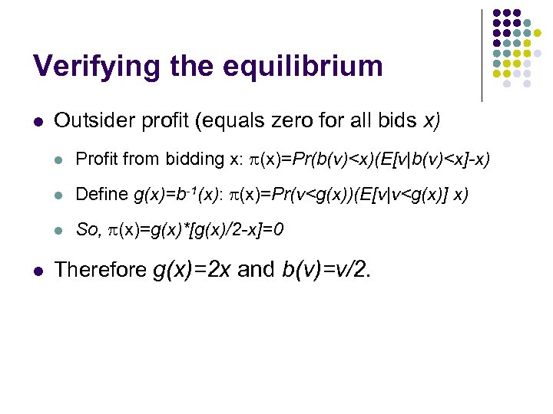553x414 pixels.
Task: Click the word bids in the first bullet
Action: (396, 120)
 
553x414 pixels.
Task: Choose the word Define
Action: (102, 194)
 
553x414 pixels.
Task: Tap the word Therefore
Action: (100, 269)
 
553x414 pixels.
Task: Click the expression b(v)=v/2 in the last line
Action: (339, 269)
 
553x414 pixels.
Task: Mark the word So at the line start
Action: (89, 229)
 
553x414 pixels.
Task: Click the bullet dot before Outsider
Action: (38, 121)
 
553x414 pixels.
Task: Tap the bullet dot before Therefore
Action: (38, 270)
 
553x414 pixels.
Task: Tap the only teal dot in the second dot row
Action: (527, 24)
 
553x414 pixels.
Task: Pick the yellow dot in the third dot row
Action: (537, 34)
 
